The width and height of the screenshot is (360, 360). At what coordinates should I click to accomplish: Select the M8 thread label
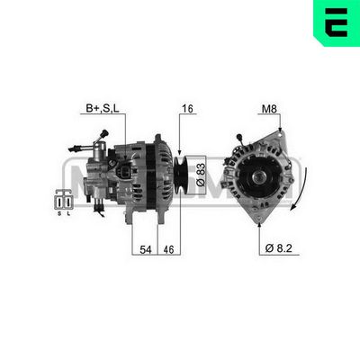(x=269, y=109)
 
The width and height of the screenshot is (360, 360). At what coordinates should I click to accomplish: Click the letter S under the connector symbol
(x=60, y=214)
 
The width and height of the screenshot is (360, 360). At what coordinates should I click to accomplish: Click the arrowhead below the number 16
(x=180, y=151)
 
